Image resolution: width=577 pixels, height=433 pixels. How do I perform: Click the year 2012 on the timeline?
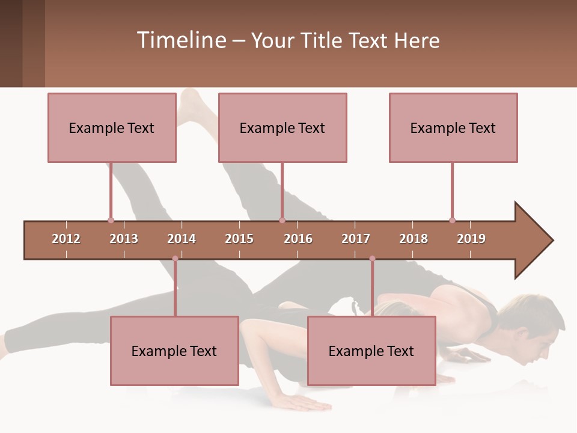point(66,239)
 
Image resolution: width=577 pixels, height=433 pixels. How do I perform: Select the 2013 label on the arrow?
point(124,239)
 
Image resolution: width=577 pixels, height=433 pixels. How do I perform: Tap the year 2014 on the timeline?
point(182,239)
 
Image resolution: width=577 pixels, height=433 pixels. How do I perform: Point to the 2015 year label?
point(239,239)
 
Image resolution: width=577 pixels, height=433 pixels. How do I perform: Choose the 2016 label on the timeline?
point(298,239)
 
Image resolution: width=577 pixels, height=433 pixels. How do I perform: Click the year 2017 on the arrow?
point(356,239)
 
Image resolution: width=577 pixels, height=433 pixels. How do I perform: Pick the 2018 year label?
point(414,239)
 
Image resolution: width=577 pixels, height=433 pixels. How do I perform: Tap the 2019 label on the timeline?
point(471,239)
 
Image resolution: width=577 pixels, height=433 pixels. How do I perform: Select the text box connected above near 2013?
point(112,127)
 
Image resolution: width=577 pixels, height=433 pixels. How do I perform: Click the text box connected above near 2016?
point(282,127)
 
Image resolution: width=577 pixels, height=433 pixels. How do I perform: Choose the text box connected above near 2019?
point(453,127)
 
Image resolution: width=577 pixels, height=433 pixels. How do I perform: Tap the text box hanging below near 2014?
point(174,351)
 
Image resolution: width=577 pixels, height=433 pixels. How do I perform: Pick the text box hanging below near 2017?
point(371,351)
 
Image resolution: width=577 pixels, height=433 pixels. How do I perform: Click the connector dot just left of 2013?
point(111,221)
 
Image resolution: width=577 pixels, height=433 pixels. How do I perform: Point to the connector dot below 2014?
point(175,259)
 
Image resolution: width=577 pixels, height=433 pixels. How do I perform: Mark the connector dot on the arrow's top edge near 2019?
point(452,221)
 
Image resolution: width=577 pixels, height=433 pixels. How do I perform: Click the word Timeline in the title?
point(180,40)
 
